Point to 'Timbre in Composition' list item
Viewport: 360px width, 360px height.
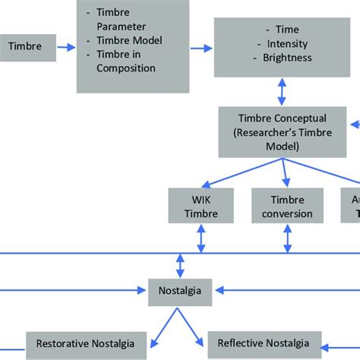[125, 61]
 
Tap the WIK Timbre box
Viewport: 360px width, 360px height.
[201, 206]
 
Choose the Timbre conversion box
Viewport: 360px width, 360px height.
[287, 206]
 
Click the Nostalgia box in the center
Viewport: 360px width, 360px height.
[181, 290]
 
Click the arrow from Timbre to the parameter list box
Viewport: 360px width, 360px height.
[65, 47]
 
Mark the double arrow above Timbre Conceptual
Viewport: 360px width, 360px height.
[283, 92]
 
